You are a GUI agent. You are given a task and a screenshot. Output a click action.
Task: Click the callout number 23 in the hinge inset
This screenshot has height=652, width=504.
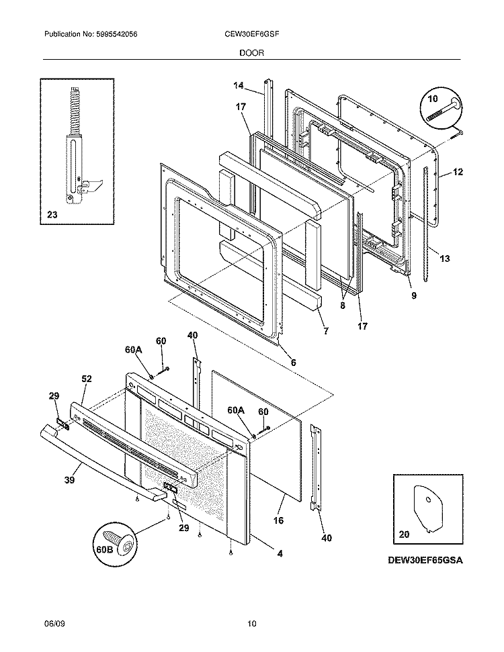pos(52,216)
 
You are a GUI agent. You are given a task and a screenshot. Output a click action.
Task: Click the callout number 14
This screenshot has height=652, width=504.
pos(238,85)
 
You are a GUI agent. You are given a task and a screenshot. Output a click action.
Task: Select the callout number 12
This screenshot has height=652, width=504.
pos(458,173)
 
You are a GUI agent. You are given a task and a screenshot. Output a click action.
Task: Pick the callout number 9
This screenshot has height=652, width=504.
pos(413,295)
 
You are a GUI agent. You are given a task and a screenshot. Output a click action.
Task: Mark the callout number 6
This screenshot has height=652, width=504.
pos(292,363)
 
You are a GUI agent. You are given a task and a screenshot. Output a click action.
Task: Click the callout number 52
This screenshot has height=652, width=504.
pos(86,379)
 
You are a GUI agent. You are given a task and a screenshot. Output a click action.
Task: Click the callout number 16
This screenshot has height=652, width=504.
pos(279,520)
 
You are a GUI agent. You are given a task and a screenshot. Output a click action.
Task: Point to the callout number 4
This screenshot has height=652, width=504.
pos(280,554)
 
